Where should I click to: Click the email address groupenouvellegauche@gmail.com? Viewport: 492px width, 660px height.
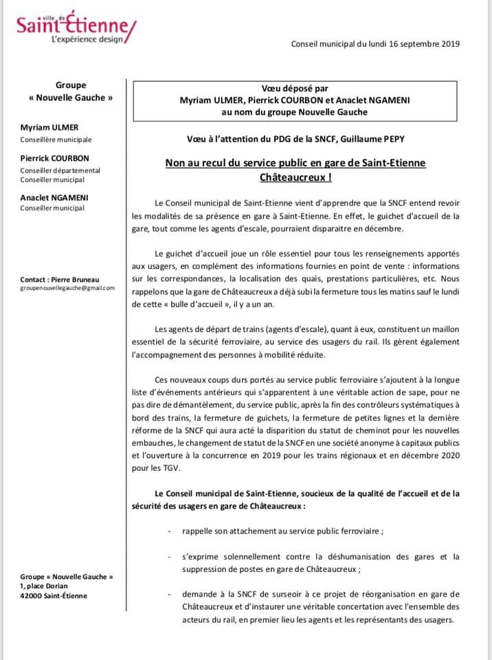tap(67, 289)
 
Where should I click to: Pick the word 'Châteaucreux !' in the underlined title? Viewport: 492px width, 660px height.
tap(295, 177)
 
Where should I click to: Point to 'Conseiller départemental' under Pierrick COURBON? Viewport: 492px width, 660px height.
tap(60, 170)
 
